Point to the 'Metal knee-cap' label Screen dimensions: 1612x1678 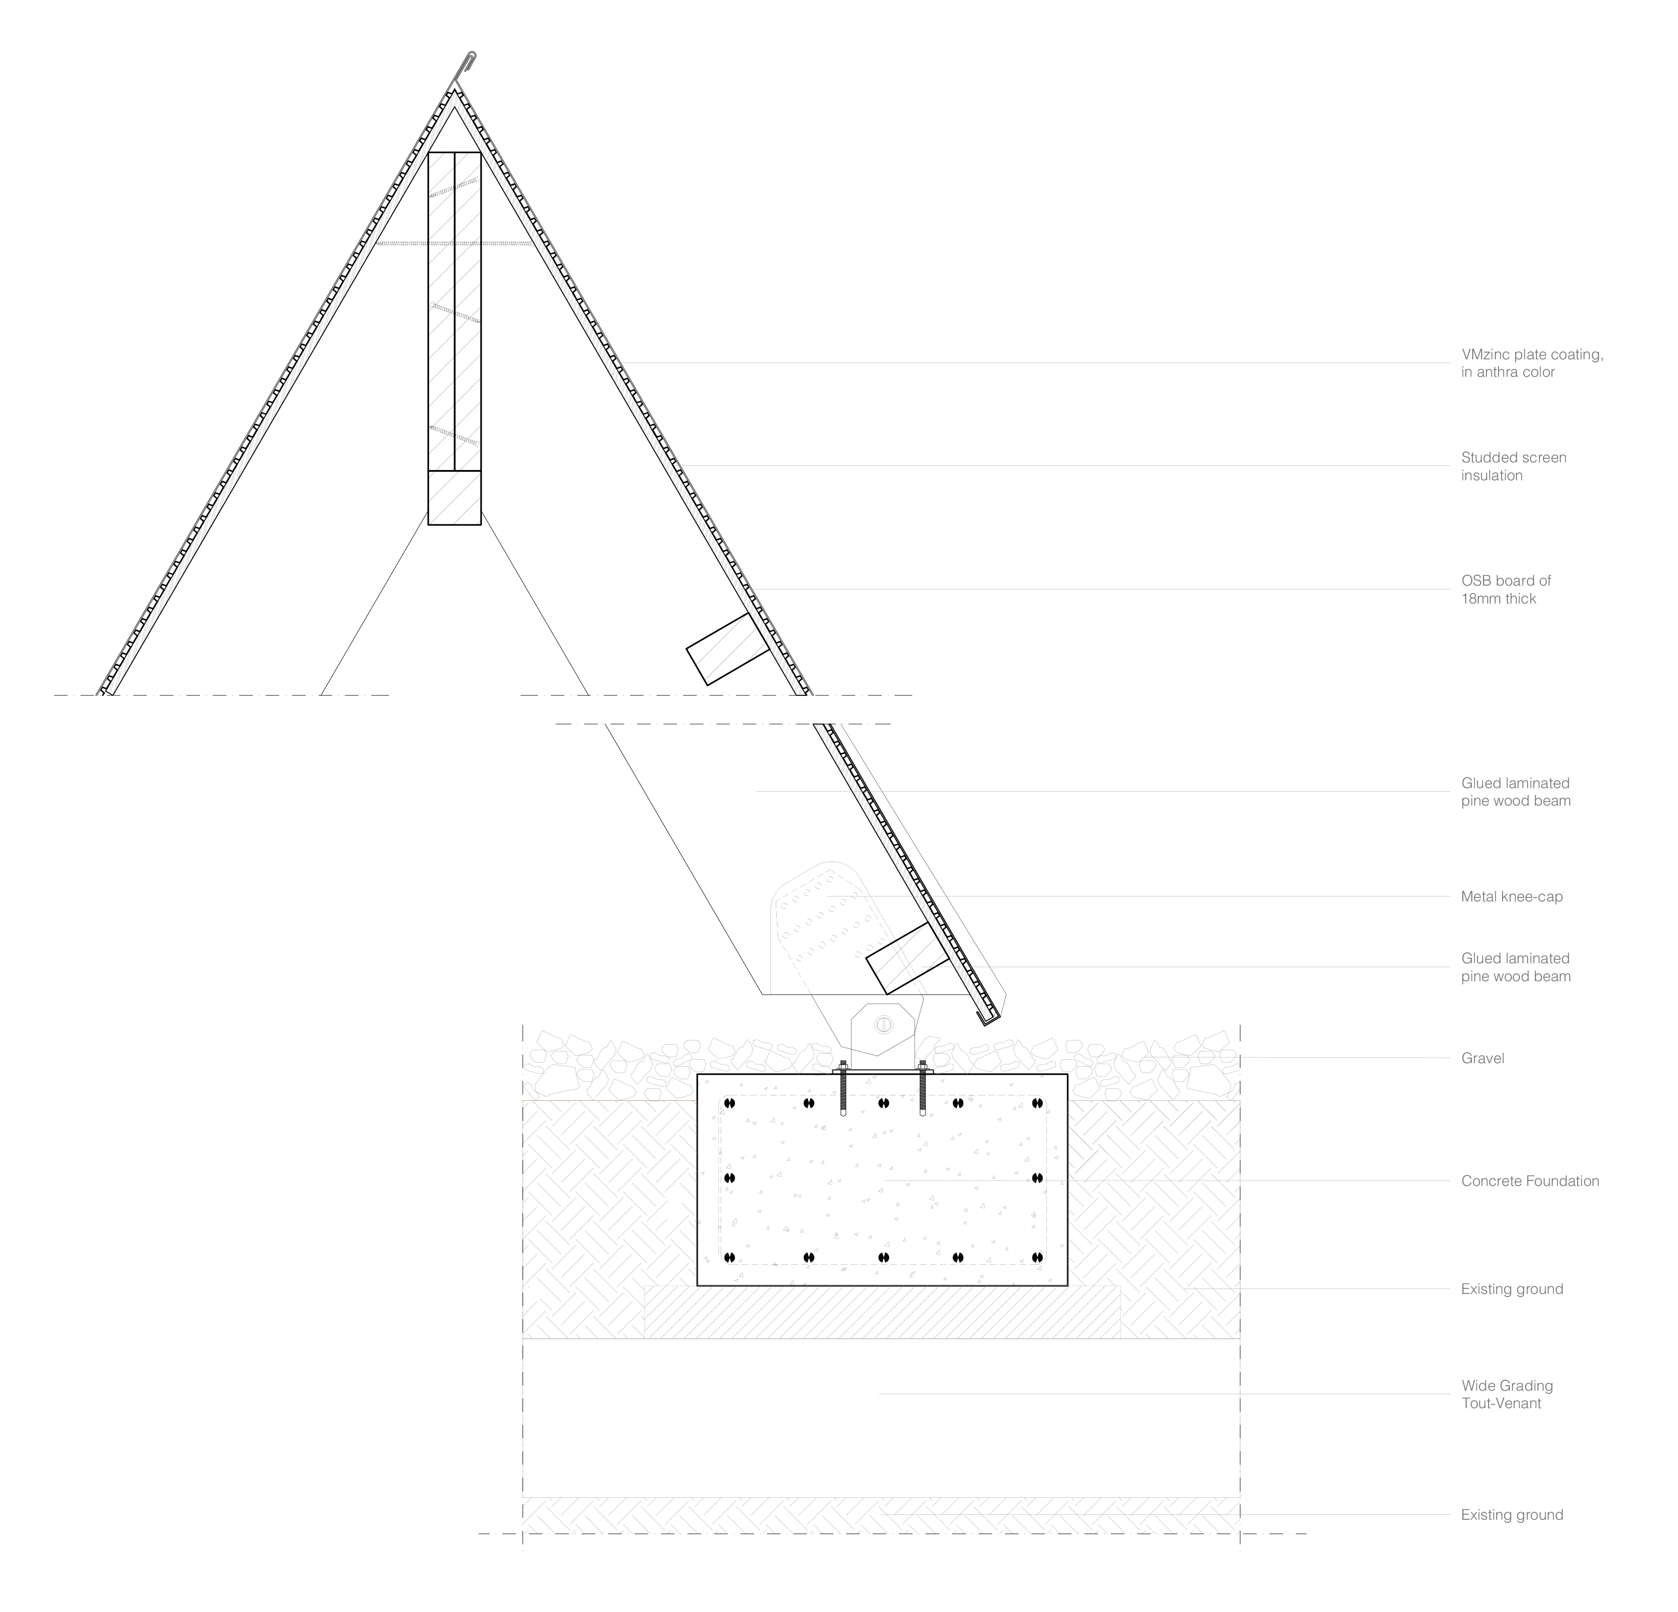point(1511,897)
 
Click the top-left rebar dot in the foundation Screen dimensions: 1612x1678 point(729,1103)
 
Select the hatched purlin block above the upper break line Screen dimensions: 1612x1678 point(728,649)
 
